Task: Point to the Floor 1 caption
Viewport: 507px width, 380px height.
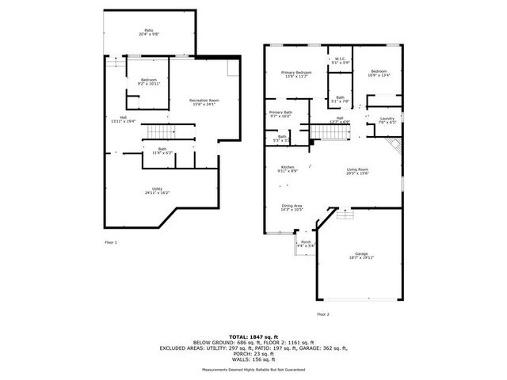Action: (111, 241)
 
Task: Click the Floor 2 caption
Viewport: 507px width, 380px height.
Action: (322, 314)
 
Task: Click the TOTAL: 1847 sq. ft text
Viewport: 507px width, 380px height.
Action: (253, 336)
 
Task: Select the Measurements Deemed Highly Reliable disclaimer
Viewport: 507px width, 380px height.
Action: (253, 369)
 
